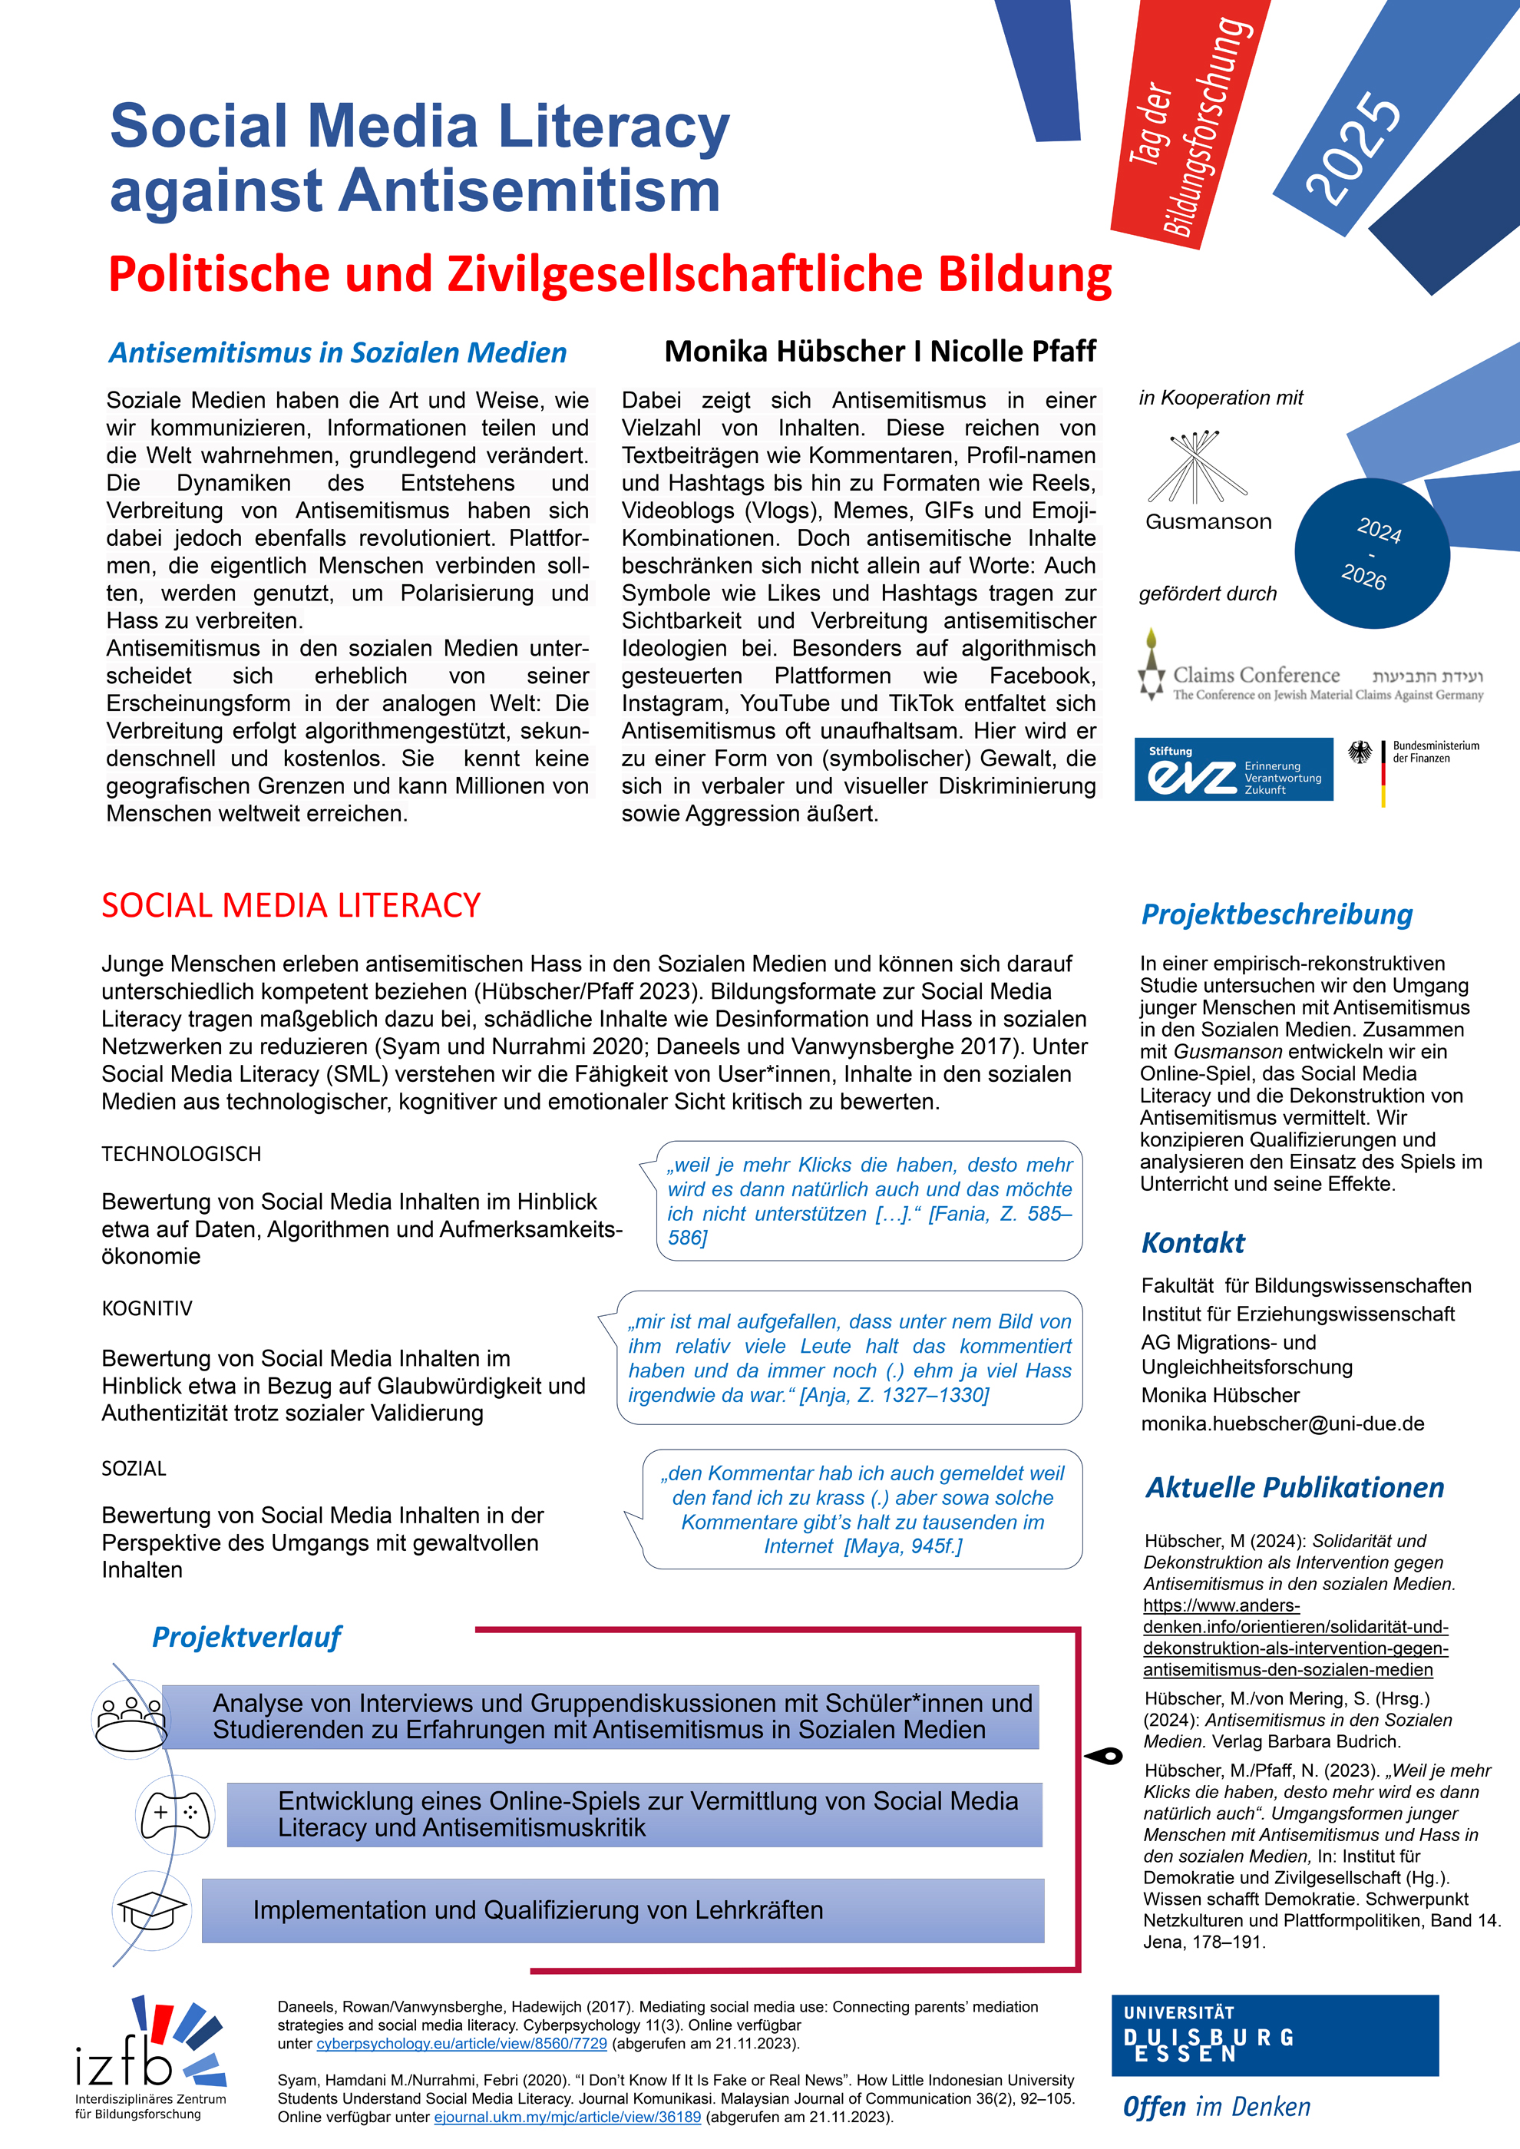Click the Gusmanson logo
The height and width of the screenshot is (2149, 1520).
click(x=1208, y=481)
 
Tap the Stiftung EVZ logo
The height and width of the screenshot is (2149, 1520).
click(x=1233, y=769)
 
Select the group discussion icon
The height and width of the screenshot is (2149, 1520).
click(x=132, y=1718)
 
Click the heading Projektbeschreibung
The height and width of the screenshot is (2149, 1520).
click(x=1277, y=914)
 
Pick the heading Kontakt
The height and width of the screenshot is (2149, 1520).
click(x=1192, y=1243)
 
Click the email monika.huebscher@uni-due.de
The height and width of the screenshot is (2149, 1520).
click(x=1282, y=1423)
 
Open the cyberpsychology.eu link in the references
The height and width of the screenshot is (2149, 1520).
click(x=461, y=2043)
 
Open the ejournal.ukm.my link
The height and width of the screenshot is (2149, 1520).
click(x=567, y=2118)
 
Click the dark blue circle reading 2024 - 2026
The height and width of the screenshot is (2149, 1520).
click(x=1371, y=554)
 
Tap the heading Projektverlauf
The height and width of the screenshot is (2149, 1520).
click(x=246, y=1637)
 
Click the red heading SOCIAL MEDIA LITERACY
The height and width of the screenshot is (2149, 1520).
click(x=291, y=905)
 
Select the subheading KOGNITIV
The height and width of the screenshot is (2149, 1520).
click(x=147, y=1308)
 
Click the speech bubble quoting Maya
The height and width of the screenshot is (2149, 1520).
click(x=862, y=1509)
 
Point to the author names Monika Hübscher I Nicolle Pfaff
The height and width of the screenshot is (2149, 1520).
click(x=880, y=351)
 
